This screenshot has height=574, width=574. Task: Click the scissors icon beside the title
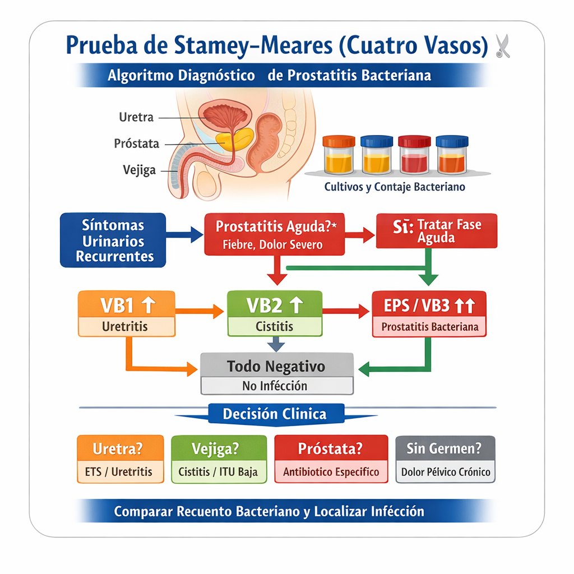[x=502, y=46]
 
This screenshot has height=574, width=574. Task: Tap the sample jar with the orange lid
[x=339, y=154]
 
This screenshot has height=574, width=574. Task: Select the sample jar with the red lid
[x=413, y=154]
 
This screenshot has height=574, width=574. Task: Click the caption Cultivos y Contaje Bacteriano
[x=395, y=187]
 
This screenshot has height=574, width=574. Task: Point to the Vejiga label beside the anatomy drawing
[x=139, y=170]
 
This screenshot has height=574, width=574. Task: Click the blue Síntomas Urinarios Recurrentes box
[x=113, y=240]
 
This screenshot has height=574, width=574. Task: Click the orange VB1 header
[x=127, y=305]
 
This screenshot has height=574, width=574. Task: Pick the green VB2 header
[x=275, y=305]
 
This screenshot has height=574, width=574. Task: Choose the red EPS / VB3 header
[x=429, y=306]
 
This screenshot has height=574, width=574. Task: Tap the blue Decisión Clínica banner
[x=275, y=414]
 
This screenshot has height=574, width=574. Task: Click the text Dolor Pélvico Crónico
[x=446, y=472]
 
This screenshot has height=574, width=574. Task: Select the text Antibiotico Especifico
[x=331, y=472]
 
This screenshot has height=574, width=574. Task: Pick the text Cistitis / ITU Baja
[x=218, y=472]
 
